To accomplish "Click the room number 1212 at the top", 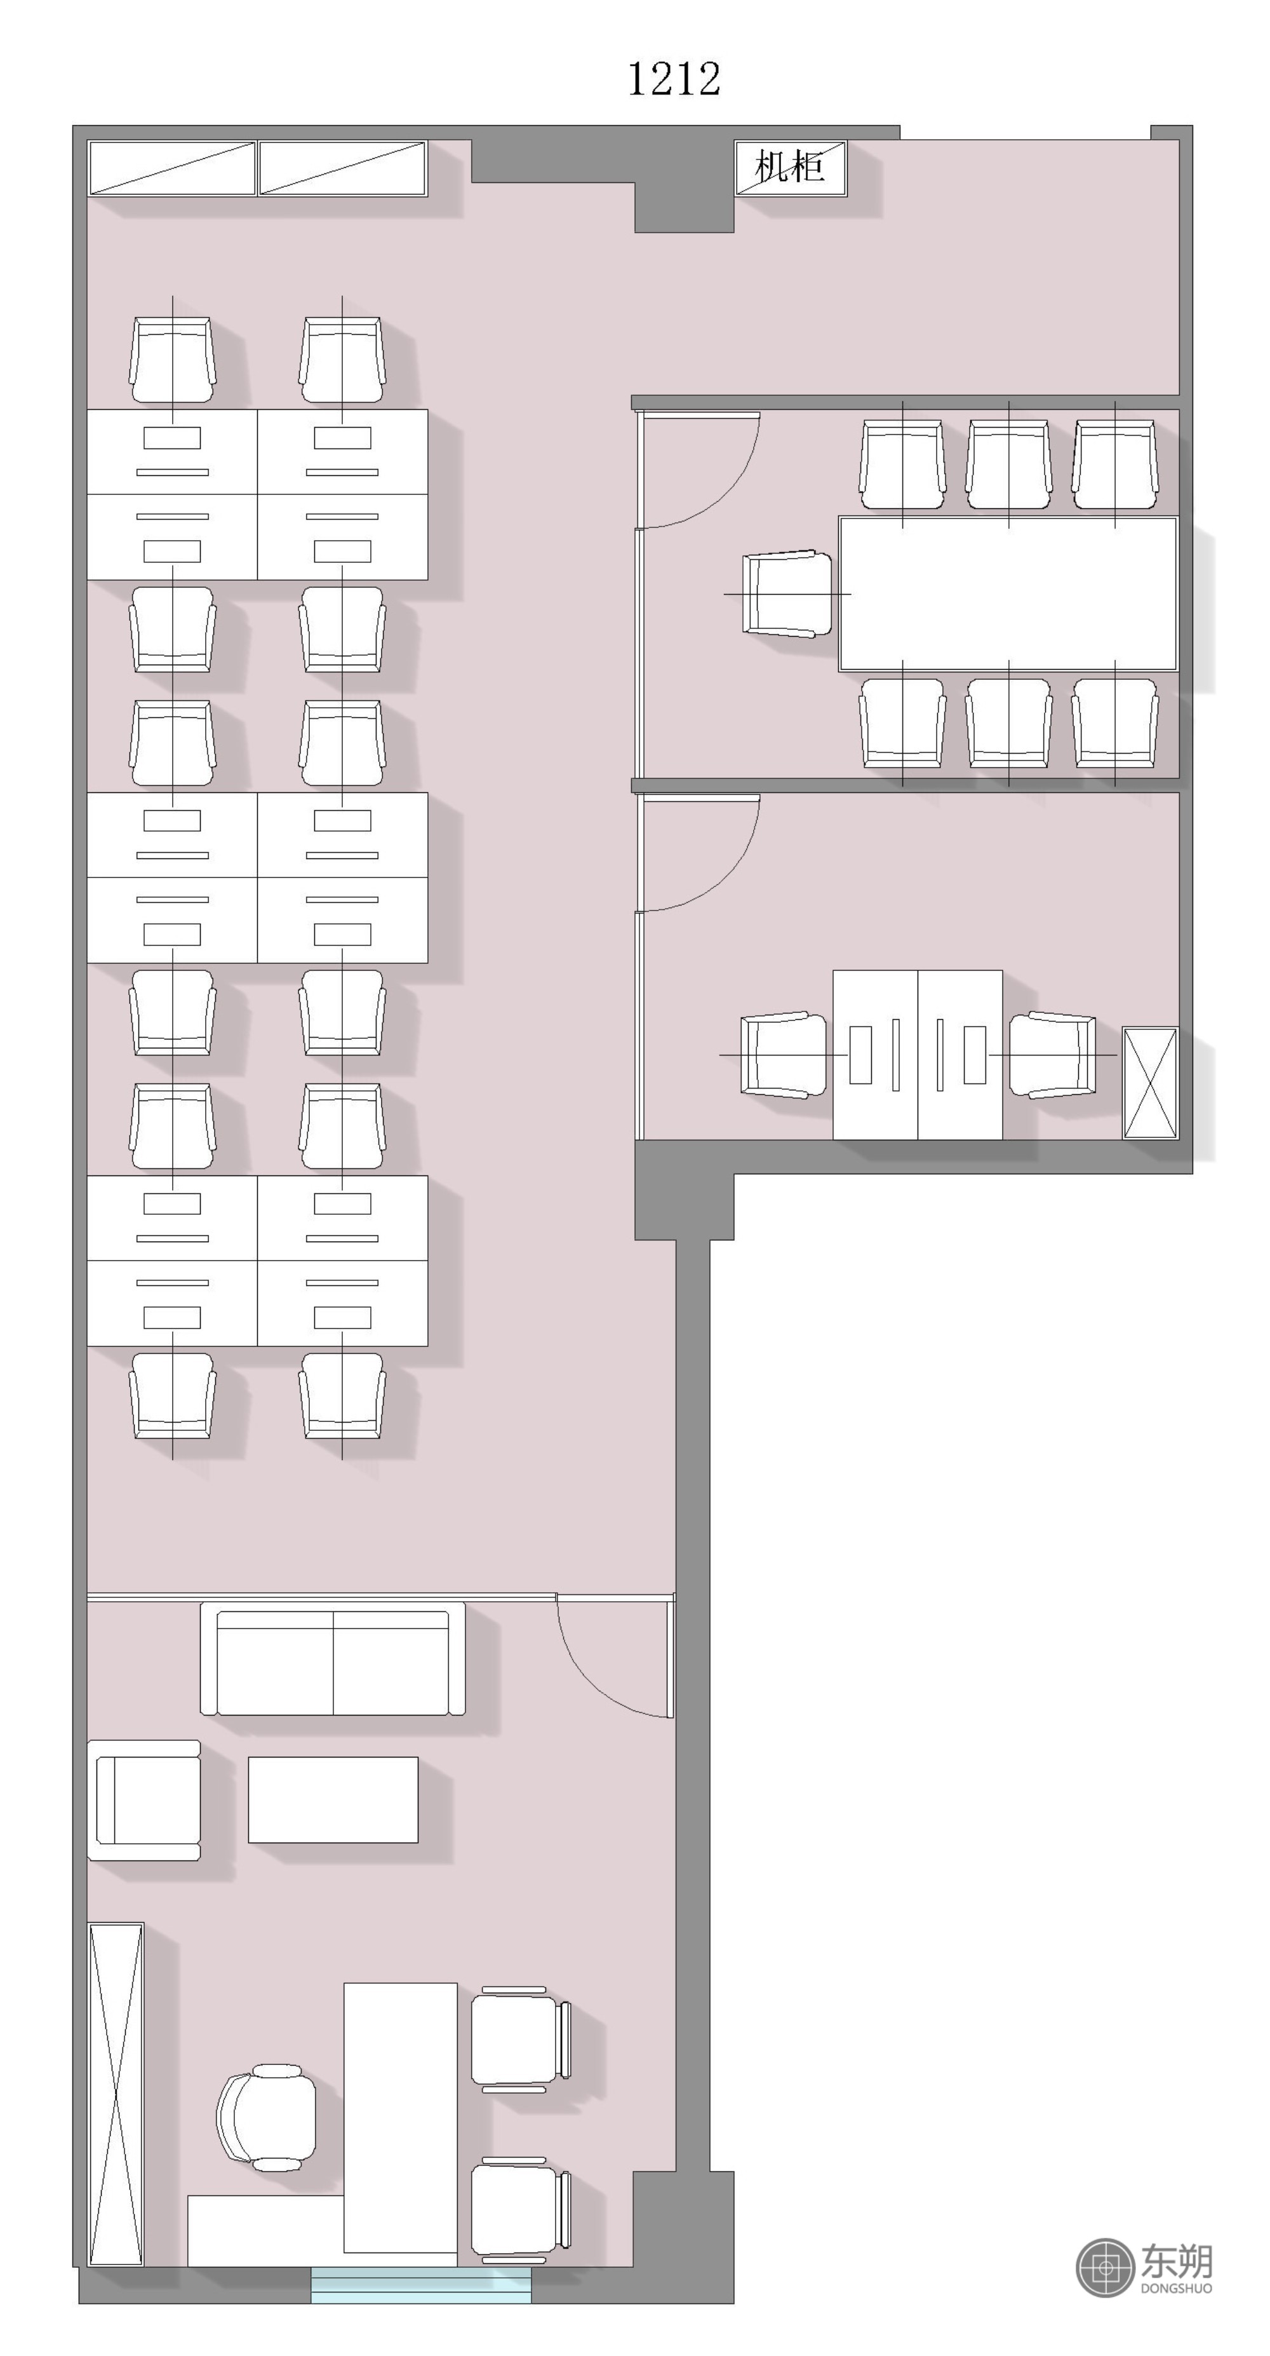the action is coord(674,79).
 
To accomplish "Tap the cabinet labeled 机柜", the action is coord(791,167).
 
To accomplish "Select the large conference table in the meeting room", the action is coord(1008,593).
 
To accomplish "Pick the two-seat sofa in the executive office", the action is coord(333,1659).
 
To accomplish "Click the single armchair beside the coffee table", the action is coord(145,1800).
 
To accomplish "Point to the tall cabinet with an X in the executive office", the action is coord(116,2094).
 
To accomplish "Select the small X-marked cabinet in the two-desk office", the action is coord(1150,1083).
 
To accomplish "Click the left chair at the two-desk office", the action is coord(784,1055).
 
